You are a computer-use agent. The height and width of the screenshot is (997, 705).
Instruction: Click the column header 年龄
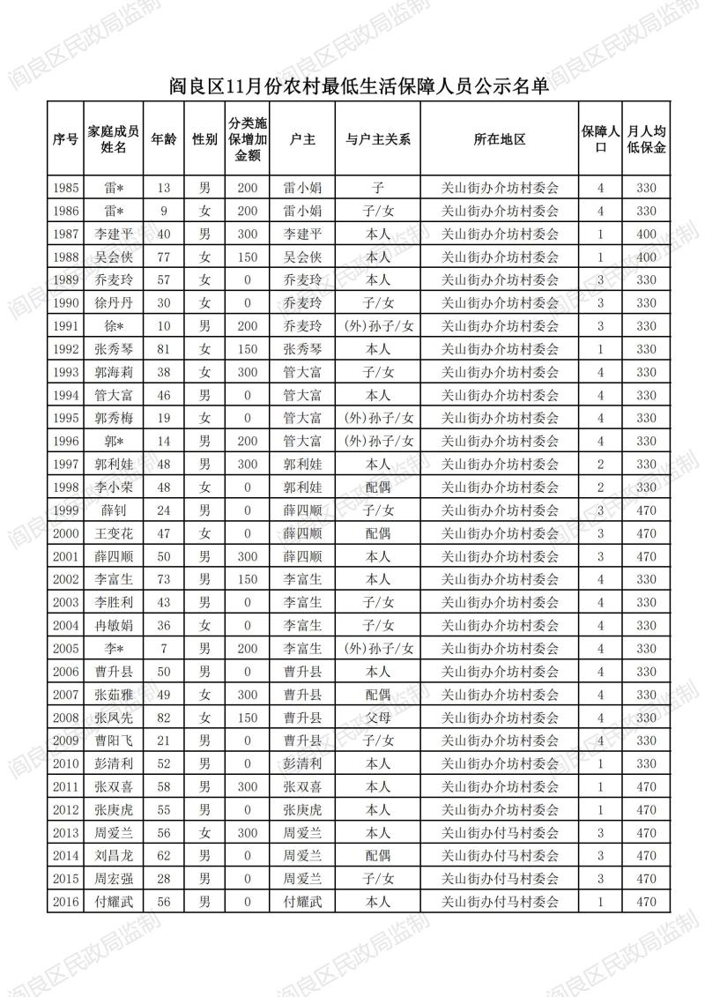[164, 139]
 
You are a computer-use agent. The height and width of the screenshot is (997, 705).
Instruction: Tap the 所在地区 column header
[499, 139]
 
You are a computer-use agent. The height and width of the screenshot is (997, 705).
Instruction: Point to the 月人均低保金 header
[646, 139]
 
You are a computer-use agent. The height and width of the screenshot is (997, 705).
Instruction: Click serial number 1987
[66, 234]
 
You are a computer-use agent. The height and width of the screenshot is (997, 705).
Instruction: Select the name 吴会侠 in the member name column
[115, 257]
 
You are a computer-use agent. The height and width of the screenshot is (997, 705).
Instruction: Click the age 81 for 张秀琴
[164, 349]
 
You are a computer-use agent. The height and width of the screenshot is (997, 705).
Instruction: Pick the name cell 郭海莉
[115, 372]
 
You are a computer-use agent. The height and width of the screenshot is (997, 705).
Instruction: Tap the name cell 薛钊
[115, 510]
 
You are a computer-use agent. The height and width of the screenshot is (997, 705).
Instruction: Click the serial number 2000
[66, 533]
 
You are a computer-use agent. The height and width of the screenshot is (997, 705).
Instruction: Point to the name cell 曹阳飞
[115, 740]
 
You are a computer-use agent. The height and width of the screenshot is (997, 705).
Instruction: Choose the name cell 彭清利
[115, 763]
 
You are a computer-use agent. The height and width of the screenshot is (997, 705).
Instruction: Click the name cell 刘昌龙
[115, 856]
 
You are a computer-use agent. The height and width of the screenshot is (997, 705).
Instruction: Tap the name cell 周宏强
[115, 879]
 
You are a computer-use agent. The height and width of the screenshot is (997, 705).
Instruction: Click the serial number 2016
[66, 902]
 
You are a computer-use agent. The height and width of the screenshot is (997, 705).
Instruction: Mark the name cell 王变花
[115, 533]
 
